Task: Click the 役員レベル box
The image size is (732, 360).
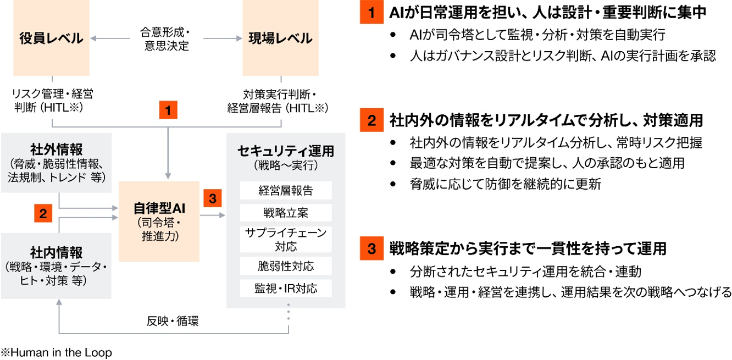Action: (51, 37)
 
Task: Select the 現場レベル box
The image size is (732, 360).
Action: (280, 37)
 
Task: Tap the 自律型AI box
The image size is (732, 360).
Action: (159, 221)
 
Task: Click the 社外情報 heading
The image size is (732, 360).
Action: (57, 149)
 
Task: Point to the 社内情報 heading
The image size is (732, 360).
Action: (57, 252)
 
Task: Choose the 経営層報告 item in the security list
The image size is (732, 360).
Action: (286, 191)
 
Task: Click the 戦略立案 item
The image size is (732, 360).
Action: (286, 213)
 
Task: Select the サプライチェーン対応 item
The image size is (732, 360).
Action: (286, 240)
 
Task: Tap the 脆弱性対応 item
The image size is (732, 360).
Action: (286, 266)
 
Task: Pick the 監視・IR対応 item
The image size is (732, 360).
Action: (286, 289)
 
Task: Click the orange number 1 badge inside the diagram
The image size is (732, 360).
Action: (168, 110)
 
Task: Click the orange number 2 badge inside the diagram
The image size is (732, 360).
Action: (43, 213)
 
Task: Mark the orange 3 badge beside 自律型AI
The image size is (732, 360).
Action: (213, 198)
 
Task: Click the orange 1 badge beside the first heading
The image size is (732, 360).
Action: (371, 12)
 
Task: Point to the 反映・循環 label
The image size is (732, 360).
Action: (173, 321)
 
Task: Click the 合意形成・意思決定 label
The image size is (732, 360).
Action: (167, 39)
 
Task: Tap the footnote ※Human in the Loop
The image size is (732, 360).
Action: (56, 352)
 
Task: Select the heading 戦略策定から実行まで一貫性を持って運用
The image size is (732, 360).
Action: (528, 248)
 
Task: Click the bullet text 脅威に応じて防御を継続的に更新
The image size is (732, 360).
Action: (506, 184)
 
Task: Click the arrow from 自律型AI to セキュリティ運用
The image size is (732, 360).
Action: (213, 215)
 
